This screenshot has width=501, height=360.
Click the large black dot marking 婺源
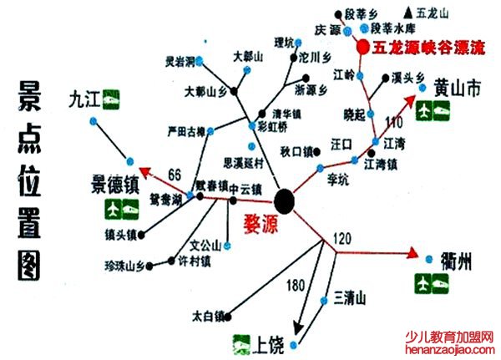tap(285, 200)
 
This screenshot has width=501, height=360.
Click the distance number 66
tap(175, 175)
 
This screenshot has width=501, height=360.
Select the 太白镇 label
tap(207, 317)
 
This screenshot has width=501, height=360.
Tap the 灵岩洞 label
tap(179, 62)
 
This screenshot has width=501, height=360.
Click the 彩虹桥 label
tap(272, 128)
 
